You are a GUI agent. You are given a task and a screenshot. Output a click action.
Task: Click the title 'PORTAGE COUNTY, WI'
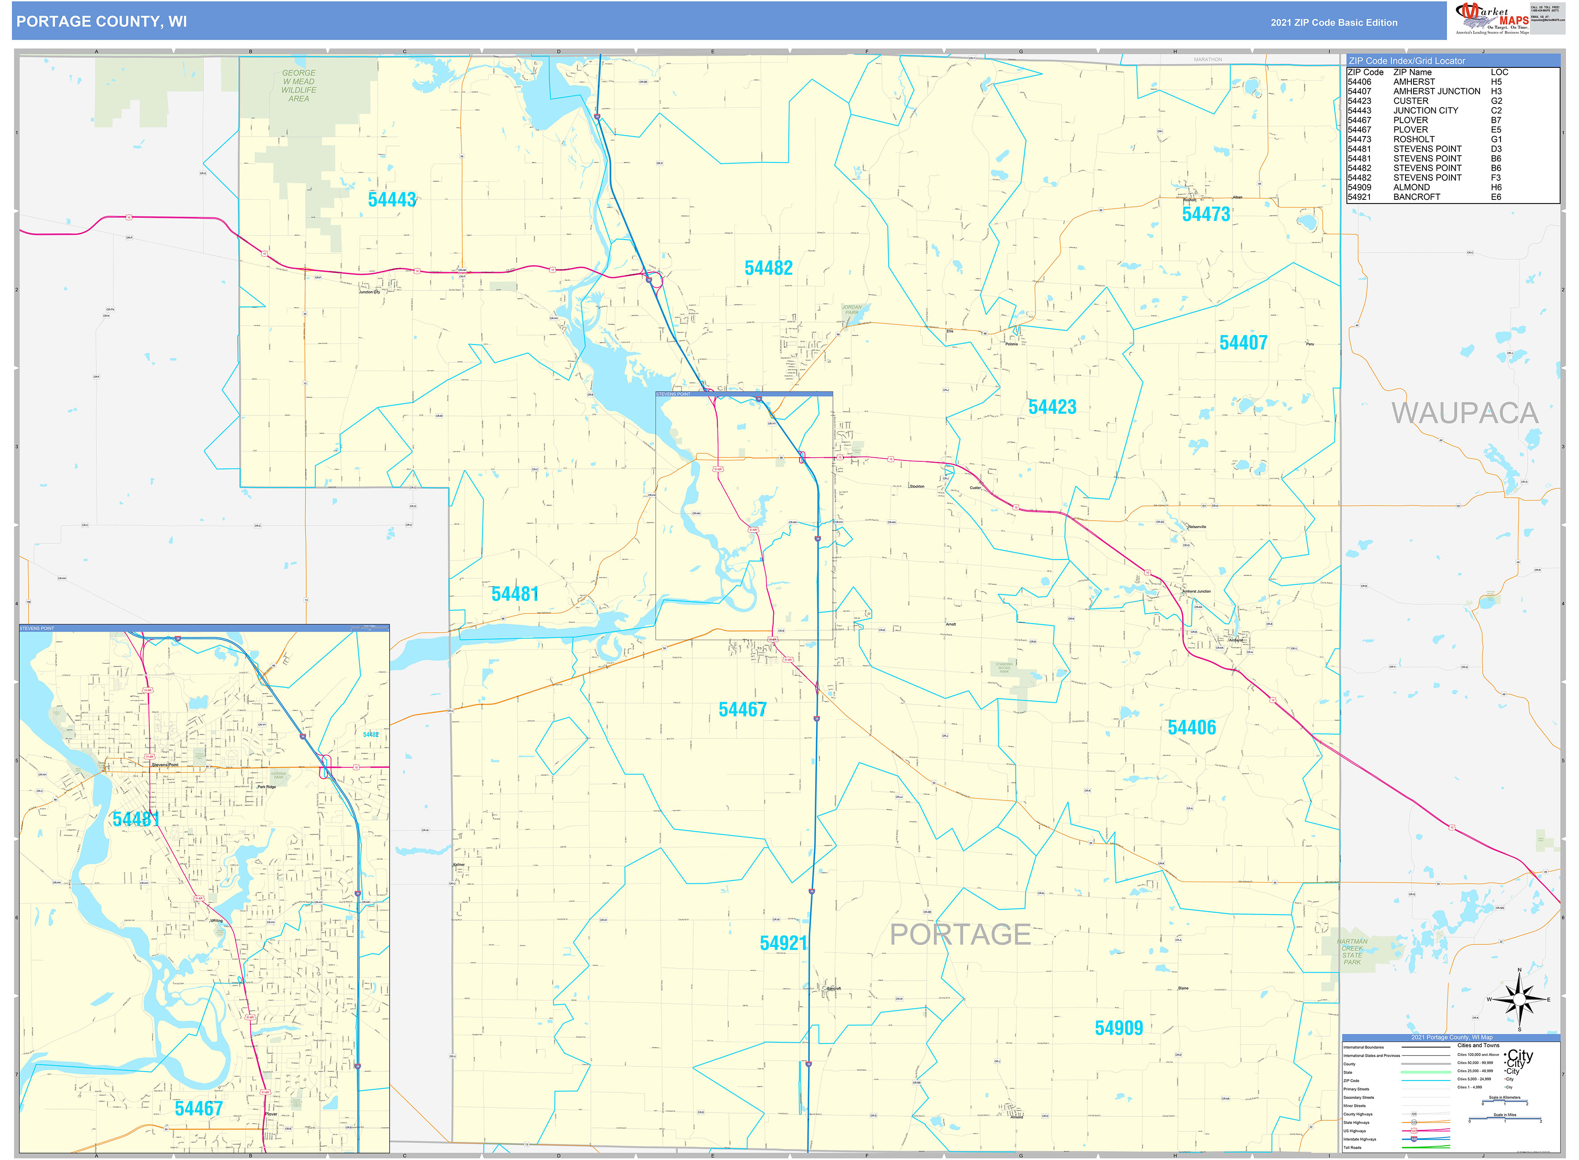pyautogui.click(x=102, y=22)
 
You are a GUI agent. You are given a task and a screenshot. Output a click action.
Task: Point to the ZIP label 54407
pyautogui.click(x=1243, y=344)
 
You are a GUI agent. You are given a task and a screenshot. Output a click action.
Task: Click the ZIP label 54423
pyautogui.click(x=1052, y=407)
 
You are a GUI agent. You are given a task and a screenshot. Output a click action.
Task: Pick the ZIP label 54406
pyautogui.click(x=1191, y=728)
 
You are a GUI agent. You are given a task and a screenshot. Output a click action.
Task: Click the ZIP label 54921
pyautogui.click(x=783, y=944)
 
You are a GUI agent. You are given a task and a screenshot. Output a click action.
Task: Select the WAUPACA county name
pyautogui.click(x=1464, y=414)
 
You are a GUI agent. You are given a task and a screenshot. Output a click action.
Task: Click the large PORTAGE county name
pyautogui.click(x=960, y=935)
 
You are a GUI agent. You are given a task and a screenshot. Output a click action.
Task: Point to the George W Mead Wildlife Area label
pyautogui.click(x=299, y=86)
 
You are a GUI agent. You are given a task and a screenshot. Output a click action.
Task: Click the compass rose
pyautogui.click(x=1519, y=1000)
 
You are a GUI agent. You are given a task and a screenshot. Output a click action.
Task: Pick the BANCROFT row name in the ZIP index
pyautogui.click(x=1416, y=197)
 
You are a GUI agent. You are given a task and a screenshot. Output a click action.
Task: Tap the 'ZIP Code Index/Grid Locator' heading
pyautogui.click(x=1406, y=61)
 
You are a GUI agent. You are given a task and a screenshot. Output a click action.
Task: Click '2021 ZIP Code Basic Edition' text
pyautogui.click(x=1333, y=22)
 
